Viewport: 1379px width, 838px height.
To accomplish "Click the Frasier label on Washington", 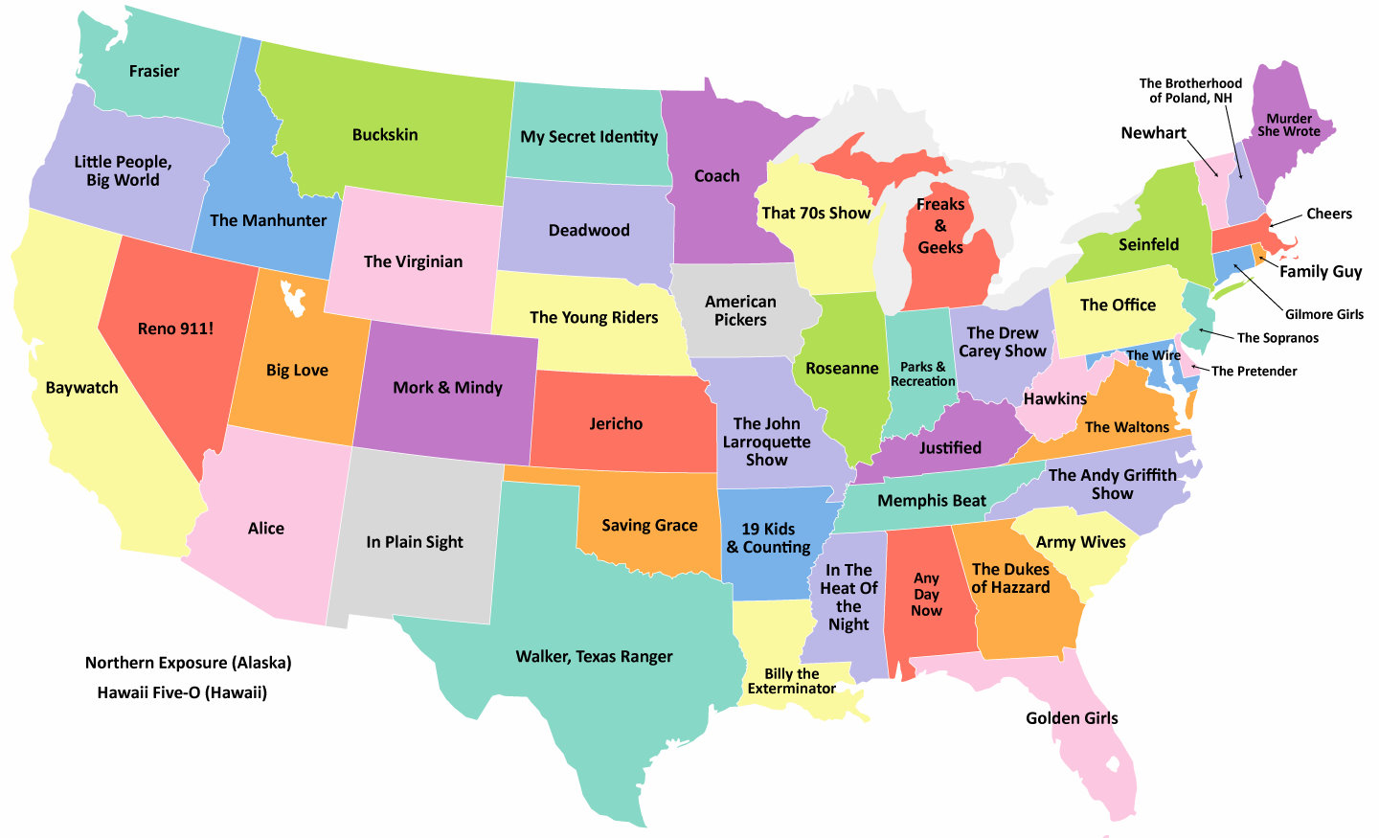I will (154, 71).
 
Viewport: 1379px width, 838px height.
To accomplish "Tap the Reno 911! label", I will (175, 328).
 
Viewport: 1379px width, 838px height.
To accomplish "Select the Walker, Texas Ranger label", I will (594, 656).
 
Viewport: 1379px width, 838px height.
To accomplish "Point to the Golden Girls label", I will (1072, 718).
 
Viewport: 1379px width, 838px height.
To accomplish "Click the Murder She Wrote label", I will (1288, 125).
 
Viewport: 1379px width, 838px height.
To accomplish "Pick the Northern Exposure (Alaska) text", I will (188, 663).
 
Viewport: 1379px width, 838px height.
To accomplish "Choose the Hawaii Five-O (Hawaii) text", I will (182, 692).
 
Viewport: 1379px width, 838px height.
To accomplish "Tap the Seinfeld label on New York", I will (1148, 244).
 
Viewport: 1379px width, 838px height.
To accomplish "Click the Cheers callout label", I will (1329, 214).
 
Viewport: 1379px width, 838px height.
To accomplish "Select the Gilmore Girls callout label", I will (1323, 314).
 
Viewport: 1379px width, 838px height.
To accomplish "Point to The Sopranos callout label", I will (1277, 338).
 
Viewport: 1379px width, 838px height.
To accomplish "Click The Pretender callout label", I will (1254, 372).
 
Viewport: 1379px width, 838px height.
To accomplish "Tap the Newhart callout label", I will (1153, 133).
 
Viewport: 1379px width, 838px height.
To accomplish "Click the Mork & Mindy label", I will (447, 388).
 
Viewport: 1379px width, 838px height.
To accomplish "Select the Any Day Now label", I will (926, 595).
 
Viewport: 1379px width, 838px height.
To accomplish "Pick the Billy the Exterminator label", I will (791, 681).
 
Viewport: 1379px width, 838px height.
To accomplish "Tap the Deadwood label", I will (589, 230).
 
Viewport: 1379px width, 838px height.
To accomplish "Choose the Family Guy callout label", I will (1321, 271).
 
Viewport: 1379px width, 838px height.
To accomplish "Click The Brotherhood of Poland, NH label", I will (1190, 91).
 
